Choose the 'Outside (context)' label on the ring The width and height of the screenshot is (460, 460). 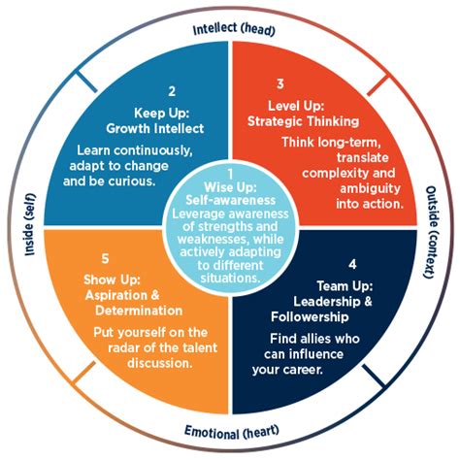click(432, 230)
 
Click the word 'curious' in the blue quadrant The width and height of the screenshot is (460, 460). click(176, 180)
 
